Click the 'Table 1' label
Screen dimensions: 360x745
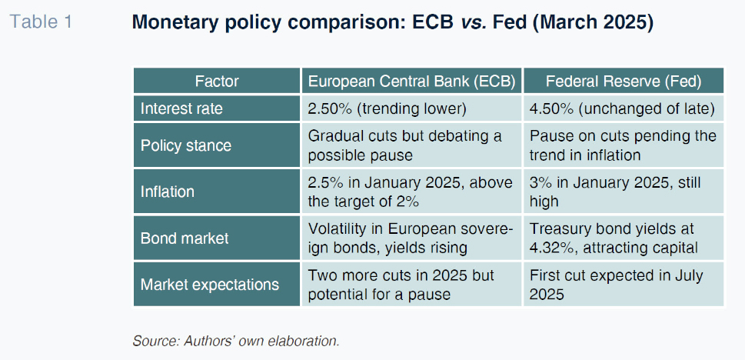point(41,22)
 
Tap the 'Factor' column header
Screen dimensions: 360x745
point(216,81)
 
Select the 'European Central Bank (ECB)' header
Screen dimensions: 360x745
point(411,81)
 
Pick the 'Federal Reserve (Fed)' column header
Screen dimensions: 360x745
point(624,81)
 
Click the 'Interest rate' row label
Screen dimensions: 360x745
point(183,108)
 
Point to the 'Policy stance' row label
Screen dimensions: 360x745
point(185,145)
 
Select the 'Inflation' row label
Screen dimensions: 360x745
point(167,192)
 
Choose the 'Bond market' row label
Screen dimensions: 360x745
point(185,238)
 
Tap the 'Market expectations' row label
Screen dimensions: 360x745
point(209,284)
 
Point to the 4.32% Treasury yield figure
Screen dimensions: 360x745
point(551,248)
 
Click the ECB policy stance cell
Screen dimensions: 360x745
point(404,145)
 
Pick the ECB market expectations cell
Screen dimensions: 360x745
point(401,284)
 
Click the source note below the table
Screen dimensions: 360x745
point(236,340)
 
